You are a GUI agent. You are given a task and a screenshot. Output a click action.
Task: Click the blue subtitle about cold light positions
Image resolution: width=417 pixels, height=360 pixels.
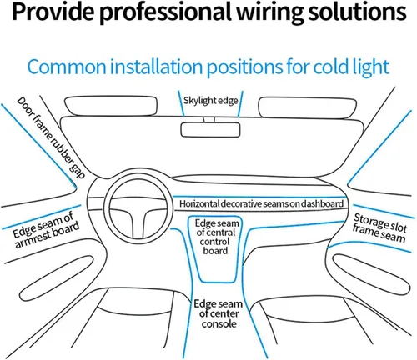pos(208,66)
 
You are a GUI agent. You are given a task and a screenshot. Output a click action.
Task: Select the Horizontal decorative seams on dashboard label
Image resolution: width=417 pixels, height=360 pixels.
pos(261,203)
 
